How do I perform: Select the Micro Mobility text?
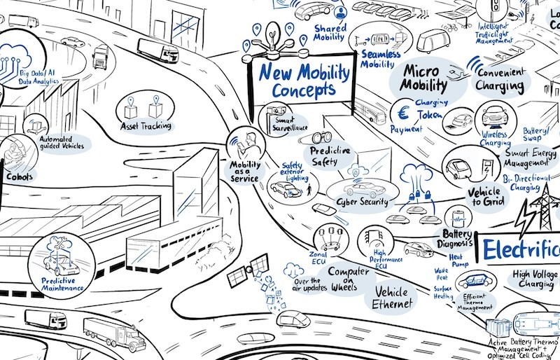pos(423,78)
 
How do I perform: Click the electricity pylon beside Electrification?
pos(538,209)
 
